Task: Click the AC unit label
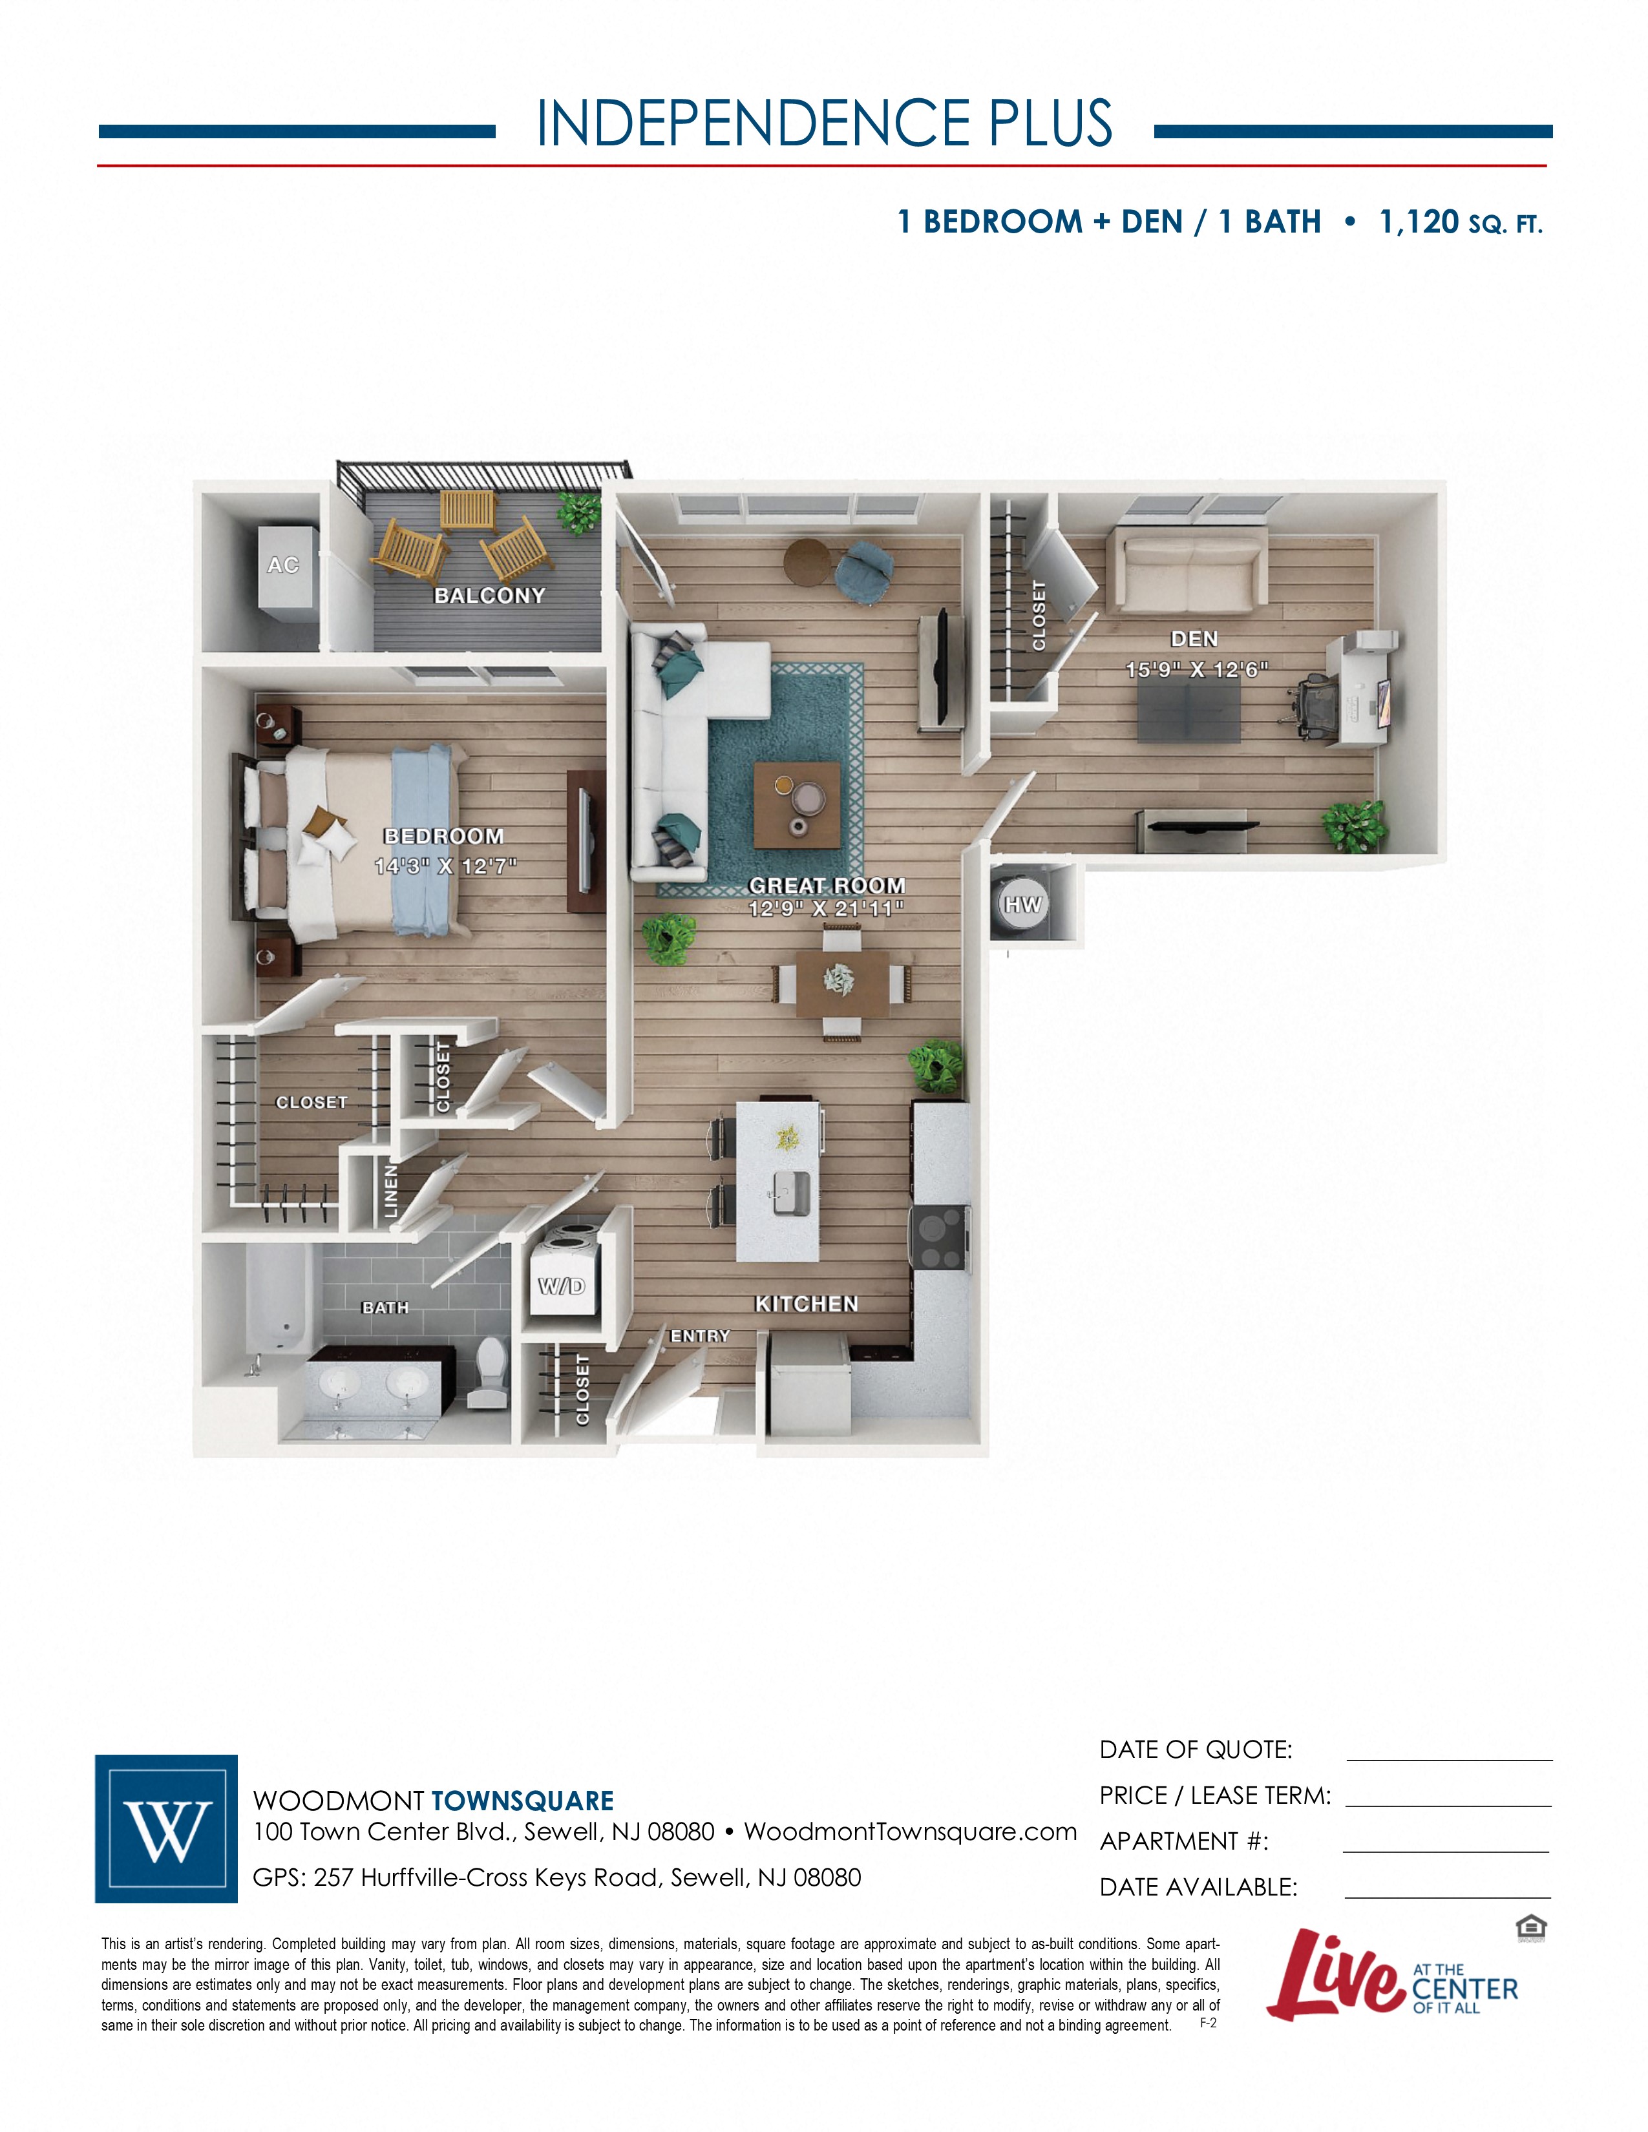[x=283, y=565]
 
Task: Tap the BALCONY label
[x=489, y=596]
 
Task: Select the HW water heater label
[x=1022, y=905]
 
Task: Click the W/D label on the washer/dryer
[x=562, y=1286]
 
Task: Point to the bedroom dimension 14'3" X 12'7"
[x=445, y=866]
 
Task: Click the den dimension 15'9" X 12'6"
[x=1196, y=670]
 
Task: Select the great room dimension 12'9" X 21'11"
[x=826, y=909]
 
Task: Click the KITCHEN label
[x=807, y=1304]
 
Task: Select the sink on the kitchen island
[x=792, y=1193]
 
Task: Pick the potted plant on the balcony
[x=579, y=512]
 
